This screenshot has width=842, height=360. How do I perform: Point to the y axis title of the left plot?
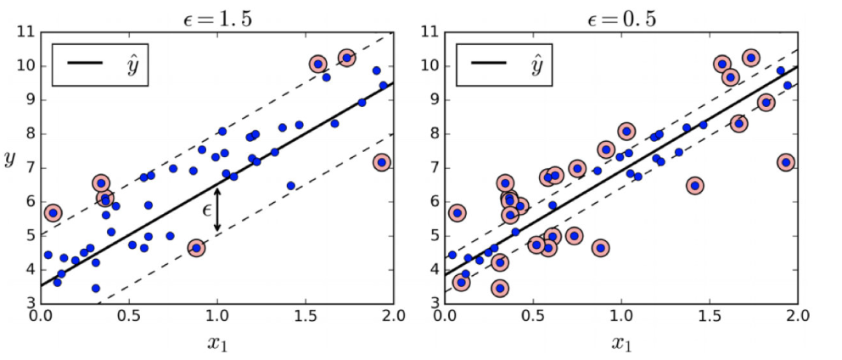[x=10, y=160]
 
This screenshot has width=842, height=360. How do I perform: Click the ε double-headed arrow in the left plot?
[x=217, y=209]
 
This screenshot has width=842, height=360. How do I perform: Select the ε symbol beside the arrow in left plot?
[x=205, y=210]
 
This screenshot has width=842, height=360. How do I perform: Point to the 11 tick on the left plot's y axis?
[x=25, y=32]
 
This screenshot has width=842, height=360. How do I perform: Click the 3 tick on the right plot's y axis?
[x=434, y=302]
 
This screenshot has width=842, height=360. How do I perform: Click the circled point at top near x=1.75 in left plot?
[x=346, y=58]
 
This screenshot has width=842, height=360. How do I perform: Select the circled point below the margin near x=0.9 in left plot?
[x=196, y=248]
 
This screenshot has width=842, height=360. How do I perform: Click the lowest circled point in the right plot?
[x=500, y=288]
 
